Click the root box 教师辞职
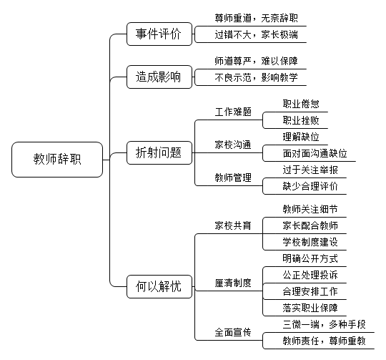coord(57,160)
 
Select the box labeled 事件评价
coord(159,34)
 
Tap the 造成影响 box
coord(159,77)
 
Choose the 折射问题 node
coord(159,152)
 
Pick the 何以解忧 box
coord(159,286)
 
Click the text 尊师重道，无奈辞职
coord(257,18)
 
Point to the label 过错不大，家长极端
coord(257,35)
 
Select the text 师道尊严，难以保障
coord(257,61)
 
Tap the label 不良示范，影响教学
coord(257,77)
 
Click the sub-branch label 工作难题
coord(233,112)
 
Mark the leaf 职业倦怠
coord(301,104)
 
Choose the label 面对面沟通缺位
coord(315,153)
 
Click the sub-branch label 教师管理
coord(233,177)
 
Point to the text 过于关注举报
coord(310,170)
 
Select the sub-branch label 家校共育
coord(233,225)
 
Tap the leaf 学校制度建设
coord(310,242)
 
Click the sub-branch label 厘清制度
coord(233,283)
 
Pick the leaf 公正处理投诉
coord(310,275)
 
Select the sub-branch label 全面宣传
coord(233,332)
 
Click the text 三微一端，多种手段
coord(325,324)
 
